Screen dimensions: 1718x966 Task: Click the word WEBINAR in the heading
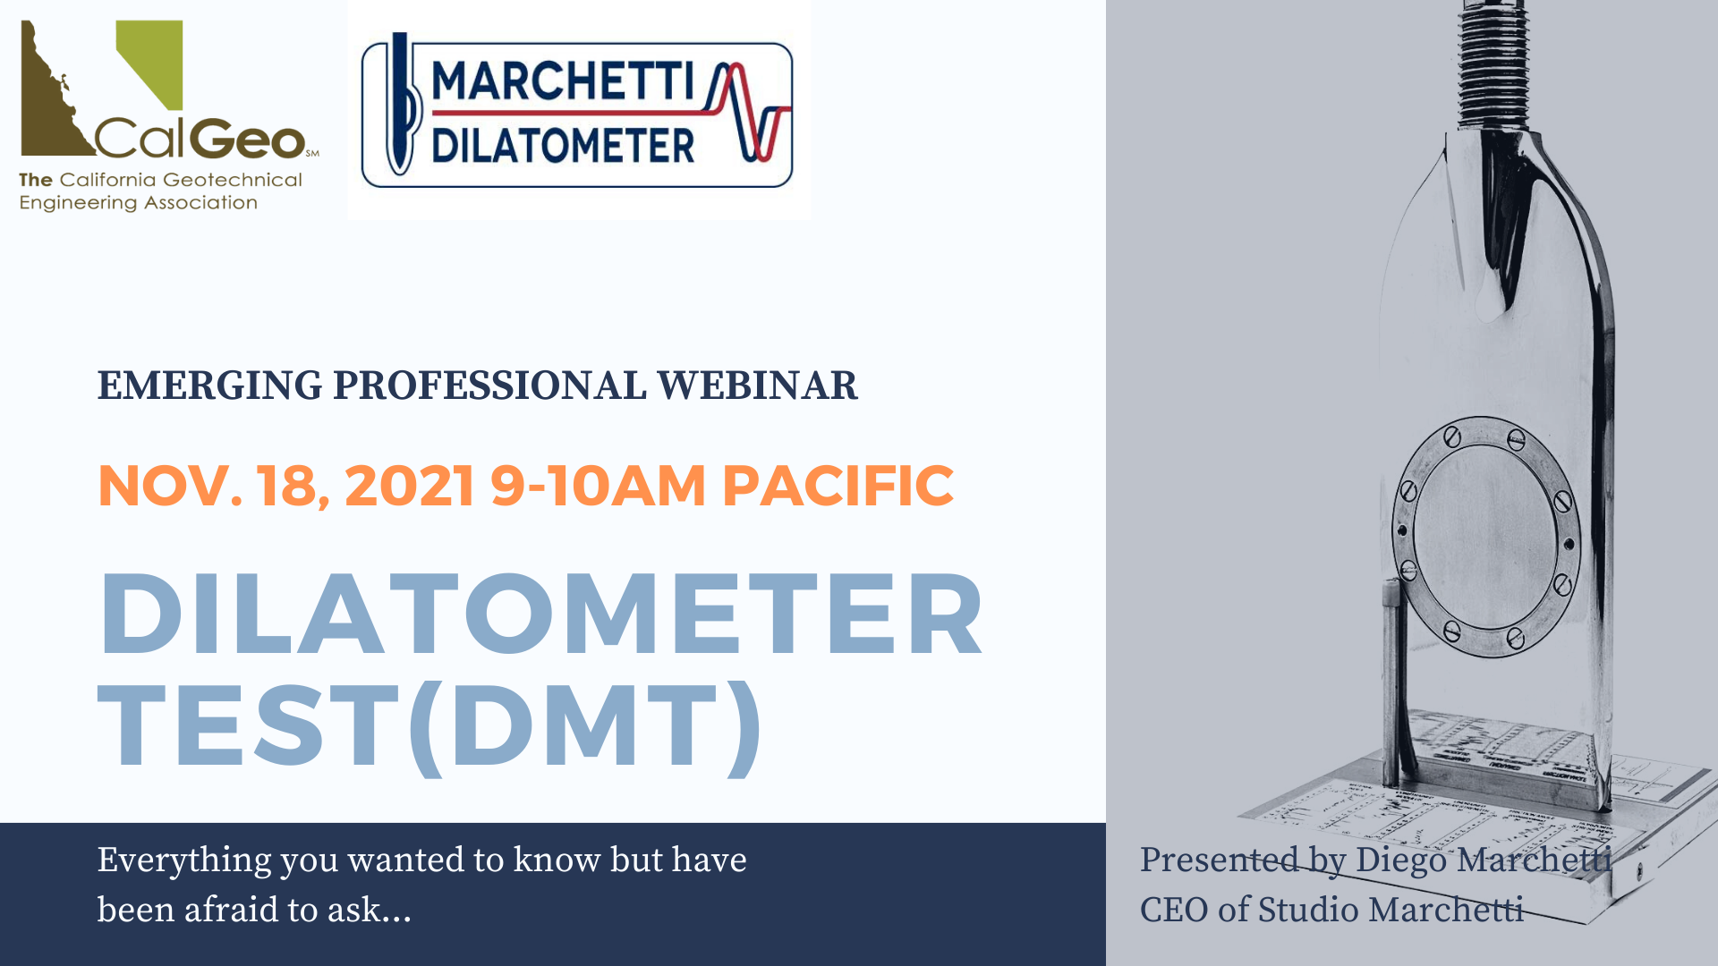click(x=757, y=386)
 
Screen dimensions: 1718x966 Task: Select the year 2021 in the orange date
click(x=410, y=486)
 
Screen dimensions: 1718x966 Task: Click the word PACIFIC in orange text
click(x=838, y=486)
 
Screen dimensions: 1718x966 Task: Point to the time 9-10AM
click(x=598, y=486)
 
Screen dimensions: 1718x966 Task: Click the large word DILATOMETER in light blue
click(x=541, y=614)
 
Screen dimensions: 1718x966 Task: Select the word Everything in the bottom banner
click(x=184, y=861)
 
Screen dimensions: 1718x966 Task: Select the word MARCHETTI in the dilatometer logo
click(x=563, y=82)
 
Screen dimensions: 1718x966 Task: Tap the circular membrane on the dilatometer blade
click(x=1485, y=537)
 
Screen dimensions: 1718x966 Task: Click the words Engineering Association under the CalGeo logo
click(x=139, y=203)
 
